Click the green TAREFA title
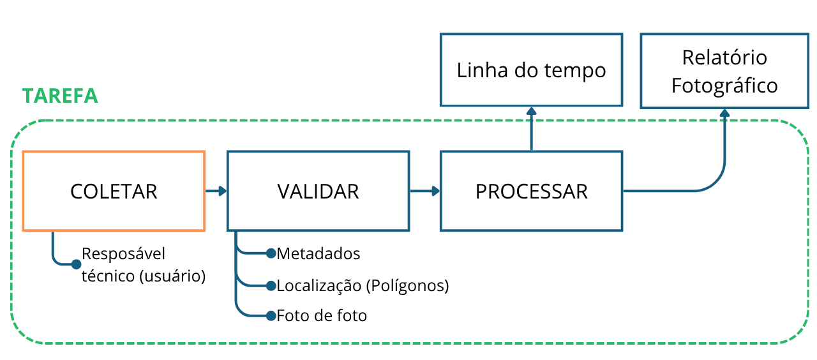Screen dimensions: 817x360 click(x=60, y=96)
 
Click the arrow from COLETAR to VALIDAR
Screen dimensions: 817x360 click(x=216, y=191)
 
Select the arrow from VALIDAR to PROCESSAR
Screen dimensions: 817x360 click(x=425, y=191)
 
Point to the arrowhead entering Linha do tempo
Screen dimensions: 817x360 click(x=532, y=111)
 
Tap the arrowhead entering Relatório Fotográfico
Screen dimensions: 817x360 click(x=724, y=113)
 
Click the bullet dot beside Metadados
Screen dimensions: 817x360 click(x=271, y=253)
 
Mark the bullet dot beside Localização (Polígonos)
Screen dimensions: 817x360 click(x=271, y=286)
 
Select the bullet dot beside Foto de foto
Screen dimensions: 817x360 click(x=271, y=316)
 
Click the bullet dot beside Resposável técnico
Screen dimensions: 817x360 click(x=76, y=264)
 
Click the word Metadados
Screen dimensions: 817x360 click(x=319, y=254)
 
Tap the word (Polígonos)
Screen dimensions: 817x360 click(x=407, y=286)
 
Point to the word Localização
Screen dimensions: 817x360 click(x=319, y=286)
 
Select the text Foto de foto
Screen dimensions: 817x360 click(x=322, y=316)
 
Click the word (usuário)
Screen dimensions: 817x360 click(x=172, y=276)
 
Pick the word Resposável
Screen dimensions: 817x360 click(x=123, y=254)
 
